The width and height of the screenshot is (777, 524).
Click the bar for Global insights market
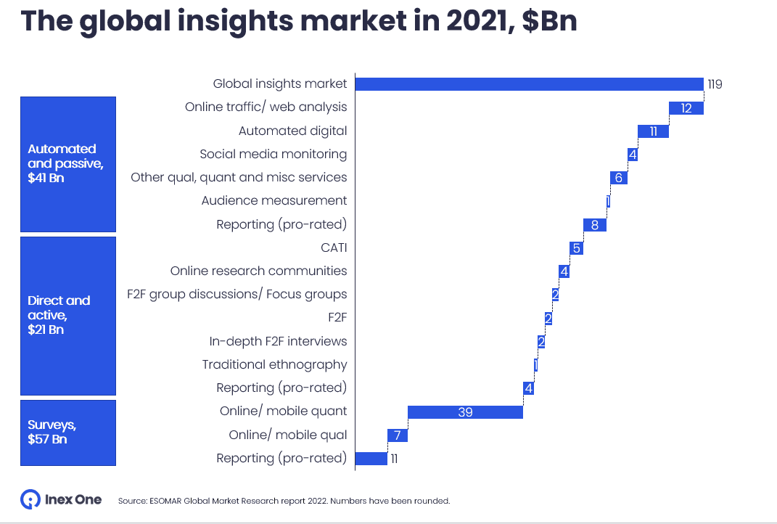pyautogui.click(x=529, y=83)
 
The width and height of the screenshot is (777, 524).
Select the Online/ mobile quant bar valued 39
pyautogui.click(x=465, y=412)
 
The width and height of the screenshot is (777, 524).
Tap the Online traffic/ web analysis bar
pyautogui.click(x=686, y=107)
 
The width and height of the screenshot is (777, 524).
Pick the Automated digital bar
pyautogui.click(x=653, y=131)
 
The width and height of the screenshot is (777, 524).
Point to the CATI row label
pyautogui.click(x=334, y=247)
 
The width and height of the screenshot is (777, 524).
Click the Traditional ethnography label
pyautogui.click(x=274, y=364)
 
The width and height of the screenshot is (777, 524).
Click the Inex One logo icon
pyautogui.click(x=30, y=499)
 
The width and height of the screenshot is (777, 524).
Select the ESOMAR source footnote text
pyautogui.click(x=284, y=501)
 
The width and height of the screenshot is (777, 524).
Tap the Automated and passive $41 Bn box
pyautogui.click(x=67, y=163)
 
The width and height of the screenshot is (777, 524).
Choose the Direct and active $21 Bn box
pyautogui.click(x=67, y=315)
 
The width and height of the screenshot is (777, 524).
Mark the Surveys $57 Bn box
pyautogui.click(x=67, y=432)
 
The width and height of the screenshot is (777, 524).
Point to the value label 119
pyautogui.click(x=715, y=84)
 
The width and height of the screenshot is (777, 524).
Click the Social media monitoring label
pyautogui.click(x=273, y=154)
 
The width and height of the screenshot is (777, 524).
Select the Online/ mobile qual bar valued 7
pyautogui.click(x=398, y=435)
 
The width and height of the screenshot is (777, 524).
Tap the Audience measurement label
pyautogui.click(x=274, y=200)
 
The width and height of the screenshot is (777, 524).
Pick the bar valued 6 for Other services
pyautogui.click(x=619, y=177)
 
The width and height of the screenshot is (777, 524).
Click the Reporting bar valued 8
pyautogui.click(x=595, y=224)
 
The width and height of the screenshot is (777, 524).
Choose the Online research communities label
pyautogui.click(x=258, y=271)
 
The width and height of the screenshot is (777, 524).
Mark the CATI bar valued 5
pyautogui.click(x=576, y=247)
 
